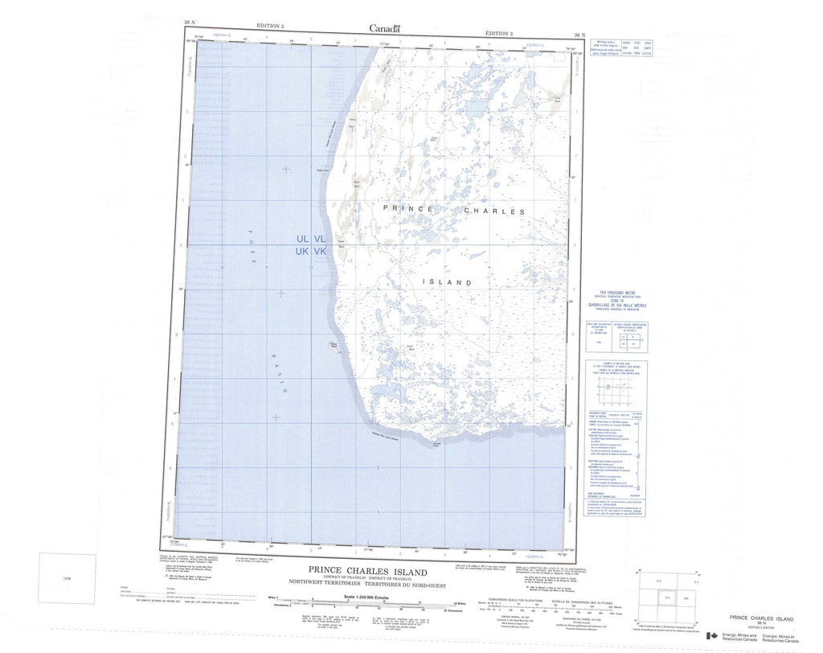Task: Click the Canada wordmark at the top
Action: pos(384,29)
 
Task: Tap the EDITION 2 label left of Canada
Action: pos(269,26)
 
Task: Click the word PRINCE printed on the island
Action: pos(408,208)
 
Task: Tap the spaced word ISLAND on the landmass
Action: pos(447,282)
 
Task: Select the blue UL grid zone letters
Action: pos(302,239)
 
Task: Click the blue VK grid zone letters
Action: pos(320,252)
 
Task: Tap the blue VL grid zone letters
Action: pos(320,239)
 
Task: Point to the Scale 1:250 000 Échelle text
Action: pos(366,597)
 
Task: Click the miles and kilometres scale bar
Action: pos(366,606)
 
